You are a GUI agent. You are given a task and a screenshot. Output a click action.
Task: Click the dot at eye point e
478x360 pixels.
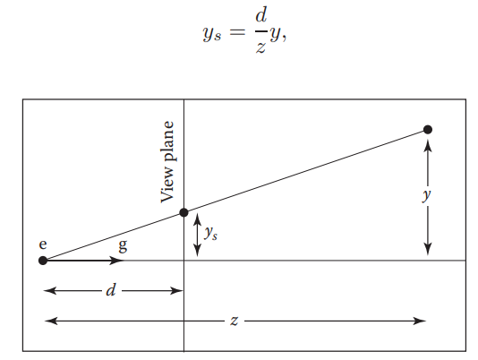43,261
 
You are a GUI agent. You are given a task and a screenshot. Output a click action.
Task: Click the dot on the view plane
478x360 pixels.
184,212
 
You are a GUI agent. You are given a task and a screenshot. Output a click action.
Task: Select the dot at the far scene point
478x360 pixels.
428,130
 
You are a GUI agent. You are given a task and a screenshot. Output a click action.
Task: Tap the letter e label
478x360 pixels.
43,244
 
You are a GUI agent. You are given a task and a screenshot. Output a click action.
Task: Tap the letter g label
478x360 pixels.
123,245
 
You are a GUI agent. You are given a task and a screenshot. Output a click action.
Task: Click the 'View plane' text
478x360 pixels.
167,162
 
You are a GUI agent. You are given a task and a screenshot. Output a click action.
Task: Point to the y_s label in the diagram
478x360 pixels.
210,234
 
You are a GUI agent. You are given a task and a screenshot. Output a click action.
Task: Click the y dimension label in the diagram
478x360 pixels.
427,194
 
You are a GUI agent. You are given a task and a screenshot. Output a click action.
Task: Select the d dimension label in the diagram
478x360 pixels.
111,290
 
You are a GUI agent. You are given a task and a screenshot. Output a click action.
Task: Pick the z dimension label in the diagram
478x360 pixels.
234,321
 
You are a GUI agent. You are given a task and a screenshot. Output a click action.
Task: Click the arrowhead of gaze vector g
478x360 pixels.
116,261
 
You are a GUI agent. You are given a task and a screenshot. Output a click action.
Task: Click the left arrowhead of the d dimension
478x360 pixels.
50,290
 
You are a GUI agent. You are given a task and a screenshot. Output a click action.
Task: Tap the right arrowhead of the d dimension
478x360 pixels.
176,290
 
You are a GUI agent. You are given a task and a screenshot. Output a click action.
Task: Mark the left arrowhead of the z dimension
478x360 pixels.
51,321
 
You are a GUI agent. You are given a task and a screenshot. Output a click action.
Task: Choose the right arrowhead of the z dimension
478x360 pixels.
419,321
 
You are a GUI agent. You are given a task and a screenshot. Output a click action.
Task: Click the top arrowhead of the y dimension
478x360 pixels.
428,146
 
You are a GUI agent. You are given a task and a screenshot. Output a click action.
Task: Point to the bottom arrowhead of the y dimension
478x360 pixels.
428,249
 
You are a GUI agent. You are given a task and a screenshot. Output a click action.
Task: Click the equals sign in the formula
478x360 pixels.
237,31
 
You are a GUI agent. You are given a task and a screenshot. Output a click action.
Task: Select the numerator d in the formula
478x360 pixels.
261,15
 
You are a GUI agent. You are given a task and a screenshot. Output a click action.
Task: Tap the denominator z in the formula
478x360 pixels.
261,47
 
